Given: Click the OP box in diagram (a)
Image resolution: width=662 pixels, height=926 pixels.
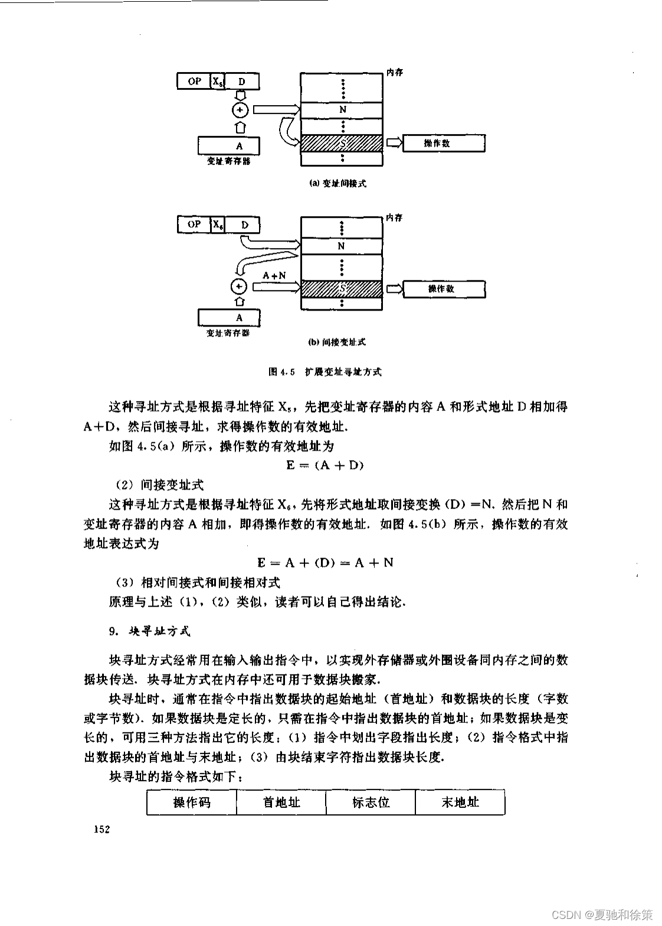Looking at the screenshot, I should (194, 81).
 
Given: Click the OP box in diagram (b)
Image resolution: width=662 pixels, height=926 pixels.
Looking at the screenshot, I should (194, 224).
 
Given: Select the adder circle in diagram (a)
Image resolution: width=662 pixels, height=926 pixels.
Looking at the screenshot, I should (240, 110).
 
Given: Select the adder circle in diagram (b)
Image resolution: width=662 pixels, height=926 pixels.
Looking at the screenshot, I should (239, 286).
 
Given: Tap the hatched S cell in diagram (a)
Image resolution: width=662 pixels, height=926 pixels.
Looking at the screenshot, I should (342, 143).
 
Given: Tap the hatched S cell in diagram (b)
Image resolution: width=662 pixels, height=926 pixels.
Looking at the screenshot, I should (342, 289).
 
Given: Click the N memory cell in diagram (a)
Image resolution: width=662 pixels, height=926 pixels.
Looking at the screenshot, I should (342, 110).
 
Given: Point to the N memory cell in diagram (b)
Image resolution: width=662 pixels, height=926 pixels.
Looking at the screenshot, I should (342, 246).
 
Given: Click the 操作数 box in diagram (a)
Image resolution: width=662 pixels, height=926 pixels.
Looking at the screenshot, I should (444, 143).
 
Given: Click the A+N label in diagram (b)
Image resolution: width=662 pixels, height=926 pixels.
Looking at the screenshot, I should (274, 275).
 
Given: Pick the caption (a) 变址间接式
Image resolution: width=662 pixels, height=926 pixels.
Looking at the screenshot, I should (338, 184).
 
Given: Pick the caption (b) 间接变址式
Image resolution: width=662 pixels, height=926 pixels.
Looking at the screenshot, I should (337, 342).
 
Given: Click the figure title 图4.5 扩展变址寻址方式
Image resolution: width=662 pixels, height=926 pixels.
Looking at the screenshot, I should (325, 372).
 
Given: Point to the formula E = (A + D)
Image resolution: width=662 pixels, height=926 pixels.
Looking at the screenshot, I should (325, 465).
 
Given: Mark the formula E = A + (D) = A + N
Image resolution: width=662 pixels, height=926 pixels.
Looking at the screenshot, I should (325, 562).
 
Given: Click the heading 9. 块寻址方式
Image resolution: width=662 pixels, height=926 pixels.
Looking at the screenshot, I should (150, 631).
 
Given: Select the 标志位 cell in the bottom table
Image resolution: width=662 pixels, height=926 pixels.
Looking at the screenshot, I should (371, 802).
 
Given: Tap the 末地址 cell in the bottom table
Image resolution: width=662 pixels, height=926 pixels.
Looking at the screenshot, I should (460, 802).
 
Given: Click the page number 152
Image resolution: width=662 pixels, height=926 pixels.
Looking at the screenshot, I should (102, 830).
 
